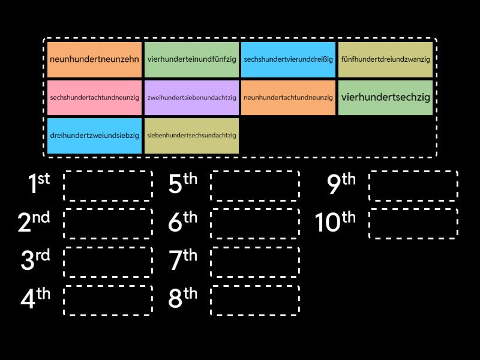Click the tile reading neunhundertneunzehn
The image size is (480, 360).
[95, 59]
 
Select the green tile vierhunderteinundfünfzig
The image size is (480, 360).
[192, 59]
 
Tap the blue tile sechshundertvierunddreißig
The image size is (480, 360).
[289, 59]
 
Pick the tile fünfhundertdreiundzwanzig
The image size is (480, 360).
[385, 59]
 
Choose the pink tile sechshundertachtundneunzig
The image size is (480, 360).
[95, 97]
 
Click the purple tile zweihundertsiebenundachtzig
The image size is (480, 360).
[192, 97]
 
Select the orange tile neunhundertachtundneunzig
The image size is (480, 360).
[289, 97]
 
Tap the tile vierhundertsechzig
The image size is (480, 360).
[385, 97]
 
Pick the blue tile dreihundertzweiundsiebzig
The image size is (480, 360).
[95, 136]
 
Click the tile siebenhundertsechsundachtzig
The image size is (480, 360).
[192, 136]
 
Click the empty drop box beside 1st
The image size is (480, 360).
[108, 186]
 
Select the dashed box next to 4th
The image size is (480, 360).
[108, 300]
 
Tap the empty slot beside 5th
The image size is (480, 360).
[255, 186]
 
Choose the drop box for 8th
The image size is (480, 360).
[255, 300]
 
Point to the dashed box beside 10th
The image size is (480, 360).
[413, 224]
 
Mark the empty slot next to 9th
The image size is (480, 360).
[413, 186]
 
